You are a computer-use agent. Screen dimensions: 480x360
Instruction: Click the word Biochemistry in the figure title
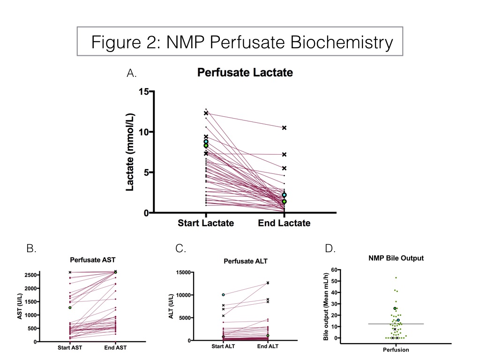coord(341,42)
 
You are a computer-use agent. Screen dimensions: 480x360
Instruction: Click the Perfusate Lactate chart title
coord(245,73)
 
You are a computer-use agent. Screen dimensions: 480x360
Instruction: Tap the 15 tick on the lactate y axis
coord(143,91)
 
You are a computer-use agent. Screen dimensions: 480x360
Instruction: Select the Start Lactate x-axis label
coord(206,223)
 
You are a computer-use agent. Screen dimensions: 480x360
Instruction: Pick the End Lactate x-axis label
coord(284,223)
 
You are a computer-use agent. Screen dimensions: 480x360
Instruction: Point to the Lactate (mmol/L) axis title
coord(130,152)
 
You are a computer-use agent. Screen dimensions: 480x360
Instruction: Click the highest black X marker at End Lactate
coord(284,127)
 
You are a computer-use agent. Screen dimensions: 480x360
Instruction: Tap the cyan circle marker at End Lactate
coord(284,195)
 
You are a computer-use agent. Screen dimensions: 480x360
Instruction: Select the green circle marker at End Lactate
coord(284,202)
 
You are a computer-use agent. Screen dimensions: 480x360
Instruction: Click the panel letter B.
coord(31,248)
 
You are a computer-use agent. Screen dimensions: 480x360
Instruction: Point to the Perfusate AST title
coord(92,260)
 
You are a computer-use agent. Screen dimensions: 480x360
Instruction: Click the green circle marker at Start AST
coord(70,307)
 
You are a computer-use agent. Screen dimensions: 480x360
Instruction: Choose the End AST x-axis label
coord(115,347)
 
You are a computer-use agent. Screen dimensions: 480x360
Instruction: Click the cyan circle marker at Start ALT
coord(223,295)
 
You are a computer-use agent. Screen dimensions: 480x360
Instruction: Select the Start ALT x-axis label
coord(223,346)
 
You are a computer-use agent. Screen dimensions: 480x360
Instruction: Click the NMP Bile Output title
coord(396,258)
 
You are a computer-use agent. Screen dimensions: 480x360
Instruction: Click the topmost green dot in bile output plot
coord(396,277)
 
